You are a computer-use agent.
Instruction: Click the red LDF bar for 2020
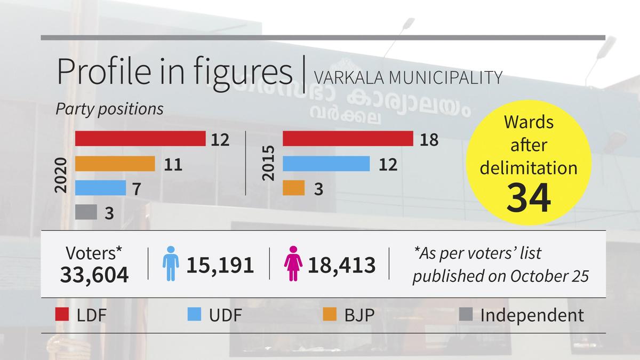pos(140,139)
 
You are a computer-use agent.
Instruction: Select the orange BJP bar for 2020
pos(115,164)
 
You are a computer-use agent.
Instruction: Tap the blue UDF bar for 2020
pos(100,188)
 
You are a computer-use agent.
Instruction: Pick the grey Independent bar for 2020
pos(86,212)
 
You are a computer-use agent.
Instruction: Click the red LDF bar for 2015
pos(348,139)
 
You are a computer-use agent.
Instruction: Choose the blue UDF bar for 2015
pos(326,164)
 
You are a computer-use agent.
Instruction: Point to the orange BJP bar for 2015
pos(293,188)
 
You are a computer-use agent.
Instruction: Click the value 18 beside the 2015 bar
pos(429,140)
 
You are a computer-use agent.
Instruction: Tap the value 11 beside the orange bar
pos(173,164)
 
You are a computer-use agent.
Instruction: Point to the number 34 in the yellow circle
pos(528,197)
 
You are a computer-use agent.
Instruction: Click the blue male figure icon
pos(170,263)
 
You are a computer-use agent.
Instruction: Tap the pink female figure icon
pos(293,263)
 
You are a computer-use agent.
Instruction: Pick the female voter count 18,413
pos(341,265)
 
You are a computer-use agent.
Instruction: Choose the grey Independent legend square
pos(466,315)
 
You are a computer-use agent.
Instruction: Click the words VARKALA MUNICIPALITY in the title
pos(408,77)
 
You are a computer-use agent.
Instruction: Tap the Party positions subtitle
pos(110,109)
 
